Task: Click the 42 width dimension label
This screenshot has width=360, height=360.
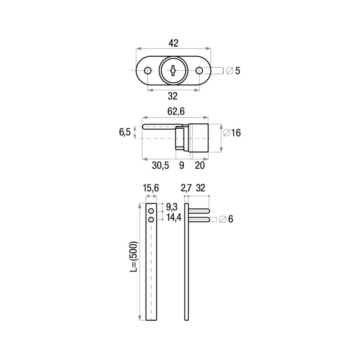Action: click(173, 43)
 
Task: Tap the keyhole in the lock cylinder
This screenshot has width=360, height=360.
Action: click(173, 70)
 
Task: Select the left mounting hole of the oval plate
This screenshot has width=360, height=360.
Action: click(148, 70)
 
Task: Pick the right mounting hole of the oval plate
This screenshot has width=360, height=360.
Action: click(199, 70)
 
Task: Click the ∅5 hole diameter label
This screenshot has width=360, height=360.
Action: click(233, 71)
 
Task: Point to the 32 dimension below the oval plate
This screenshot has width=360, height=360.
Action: click(172, 96)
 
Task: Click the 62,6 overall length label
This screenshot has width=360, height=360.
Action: click(176, 111)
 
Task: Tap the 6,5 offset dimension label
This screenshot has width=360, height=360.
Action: click(125, 132)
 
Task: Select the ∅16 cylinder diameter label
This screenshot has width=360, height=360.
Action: click(232, 133)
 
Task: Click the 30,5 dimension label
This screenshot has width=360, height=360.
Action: click(160, 165)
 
